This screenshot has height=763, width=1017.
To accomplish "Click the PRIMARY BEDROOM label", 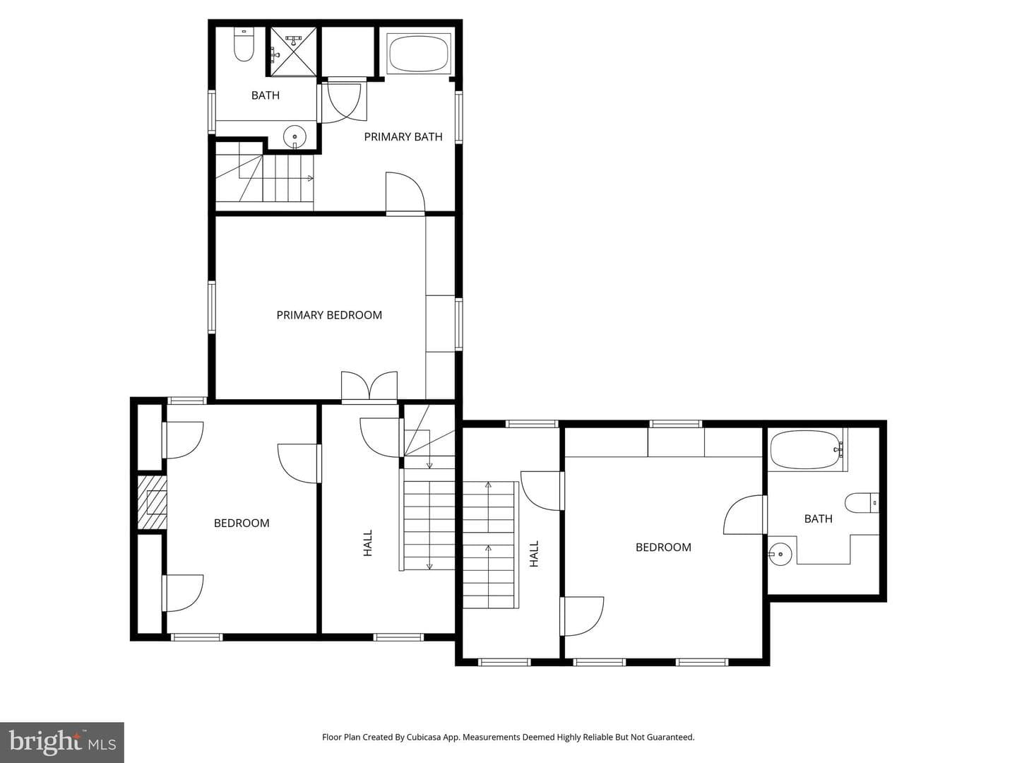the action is coord(329,315).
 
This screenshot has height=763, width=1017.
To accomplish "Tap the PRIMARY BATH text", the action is coord(403,136).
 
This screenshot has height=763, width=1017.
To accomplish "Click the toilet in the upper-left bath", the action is coord(244,45).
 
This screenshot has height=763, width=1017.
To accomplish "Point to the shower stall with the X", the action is coord(293,52).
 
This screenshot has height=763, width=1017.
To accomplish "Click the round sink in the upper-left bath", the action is coord(295,137).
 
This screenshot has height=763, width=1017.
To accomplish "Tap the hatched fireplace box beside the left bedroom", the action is coord(152,502).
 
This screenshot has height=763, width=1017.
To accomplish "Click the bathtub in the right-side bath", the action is coord(807,449).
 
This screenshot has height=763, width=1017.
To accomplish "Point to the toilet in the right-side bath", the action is coord(862,503).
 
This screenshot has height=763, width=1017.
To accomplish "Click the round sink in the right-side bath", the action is coord(780,554).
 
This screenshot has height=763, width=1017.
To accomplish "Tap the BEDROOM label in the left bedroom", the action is coord(242,523).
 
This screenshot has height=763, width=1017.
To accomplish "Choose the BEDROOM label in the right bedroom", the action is coord(663,547).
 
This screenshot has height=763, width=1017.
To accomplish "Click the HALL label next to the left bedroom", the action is coord(368,543).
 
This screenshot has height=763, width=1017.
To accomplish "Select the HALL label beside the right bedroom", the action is coord(534,554).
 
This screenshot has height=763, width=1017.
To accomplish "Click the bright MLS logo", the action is coord(62,742).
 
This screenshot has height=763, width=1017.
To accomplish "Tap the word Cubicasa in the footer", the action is coord(424,737).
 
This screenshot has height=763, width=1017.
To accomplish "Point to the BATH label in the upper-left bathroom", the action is coord(266,95).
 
